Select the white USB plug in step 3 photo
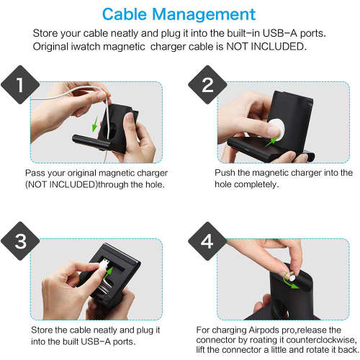[106, 266]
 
